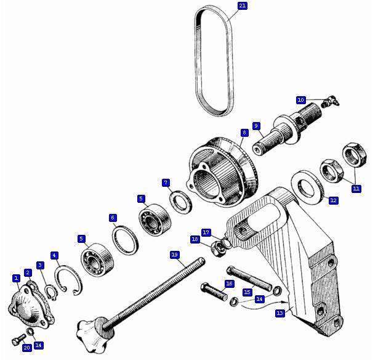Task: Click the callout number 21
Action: tap(243, 6)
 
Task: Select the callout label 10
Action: tap(301, 100)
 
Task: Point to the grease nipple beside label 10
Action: tap(331, 102)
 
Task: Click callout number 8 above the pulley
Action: tap(244, 133)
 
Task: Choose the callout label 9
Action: tap(256, 126)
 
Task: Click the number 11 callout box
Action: tap(356, 189)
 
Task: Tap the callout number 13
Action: tap(280, 313)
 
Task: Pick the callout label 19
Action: tap(175, 255)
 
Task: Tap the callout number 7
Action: tap(166, 182)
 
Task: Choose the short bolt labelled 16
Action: tap(214, 292)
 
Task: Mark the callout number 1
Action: tap(16, 278)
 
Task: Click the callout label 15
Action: tap(247, 292)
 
